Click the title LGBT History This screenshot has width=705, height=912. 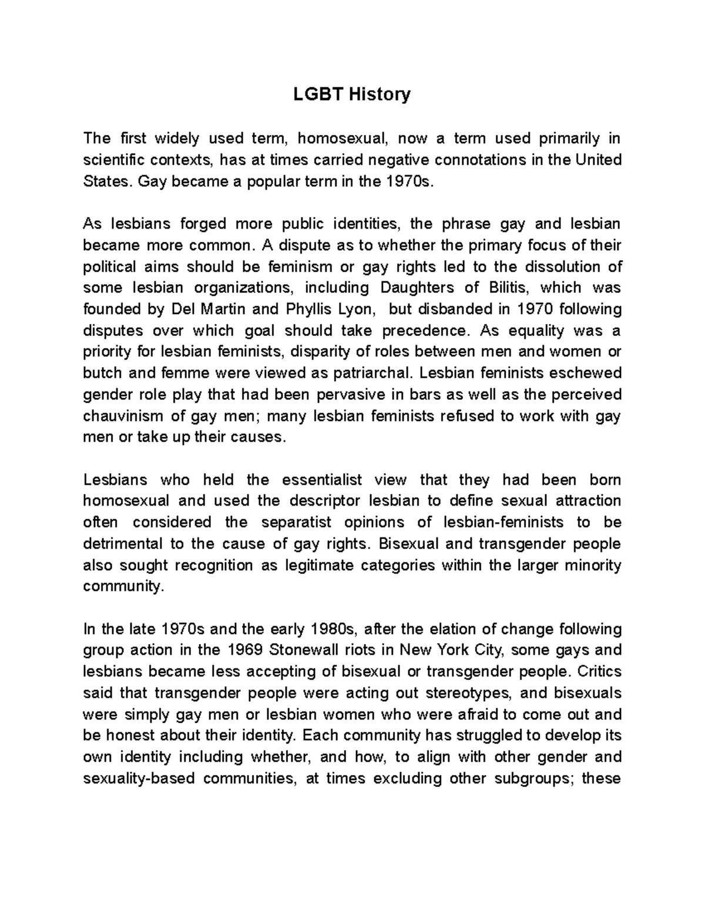click(x=352, y=94)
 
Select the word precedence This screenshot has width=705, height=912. click(x=427, y=331)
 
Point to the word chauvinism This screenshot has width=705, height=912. click(x=123, y=416)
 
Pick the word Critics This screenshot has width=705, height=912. click(x=599, y=671)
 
